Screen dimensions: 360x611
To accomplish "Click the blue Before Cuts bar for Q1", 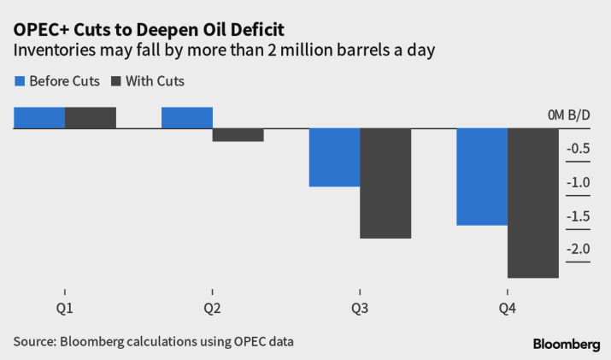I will pyautogui.click(x=39, y=118).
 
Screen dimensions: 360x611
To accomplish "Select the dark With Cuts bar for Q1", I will pyautogui.click(x=91, y=118).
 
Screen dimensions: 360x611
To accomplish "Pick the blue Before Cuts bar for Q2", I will pyautogui.click(x=187, y=118).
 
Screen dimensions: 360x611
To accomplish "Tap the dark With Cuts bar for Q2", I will pyautogui.click(x=238, y=135).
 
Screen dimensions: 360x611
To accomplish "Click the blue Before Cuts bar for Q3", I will pyautogui.click(x=334, y=157).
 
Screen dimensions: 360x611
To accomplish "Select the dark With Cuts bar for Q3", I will pyautogui.click(x=385, y=183).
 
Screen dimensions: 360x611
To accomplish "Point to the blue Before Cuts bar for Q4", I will pyautogui.click(x=482, y=177).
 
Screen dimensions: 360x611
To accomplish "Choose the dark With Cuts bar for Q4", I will pyautogui.click(x=533, y=203).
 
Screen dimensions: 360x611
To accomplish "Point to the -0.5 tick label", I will pyautogui.click(x=579, y=149).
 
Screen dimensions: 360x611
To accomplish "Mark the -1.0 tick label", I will pyautogui.click(x=579, y=182).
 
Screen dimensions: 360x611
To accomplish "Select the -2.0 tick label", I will pyautogui.click(x=579, y=249).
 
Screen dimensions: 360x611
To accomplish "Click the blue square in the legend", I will pyautogui.click(x=20, y=81).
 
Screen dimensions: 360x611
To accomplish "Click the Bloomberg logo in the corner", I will pyautogui.click(x=566, y=343).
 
